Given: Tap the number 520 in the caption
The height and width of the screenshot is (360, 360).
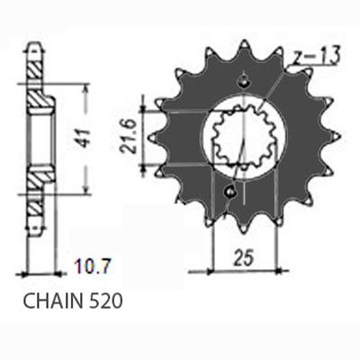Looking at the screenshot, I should [101, 296].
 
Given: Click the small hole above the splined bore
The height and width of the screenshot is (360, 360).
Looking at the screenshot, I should [242, 84].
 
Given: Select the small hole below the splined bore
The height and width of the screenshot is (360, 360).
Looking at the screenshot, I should [232, 190].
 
